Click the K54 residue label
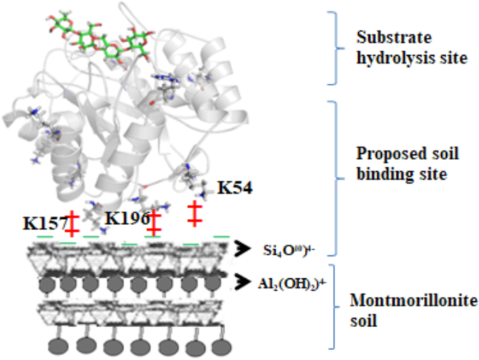(235, 187)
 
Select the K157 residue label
(43, 223)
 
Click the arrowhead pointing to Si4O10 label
(242, 247)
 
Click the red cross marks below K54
(194, 213)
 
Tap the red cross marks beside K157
(72, 222)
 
